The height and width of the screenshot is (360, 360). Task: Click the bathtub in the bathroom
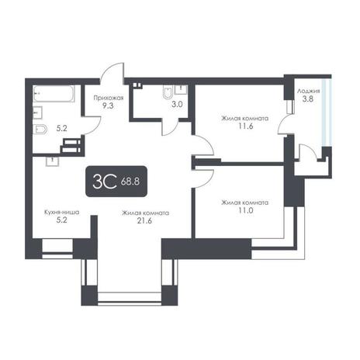[x=54, y=94]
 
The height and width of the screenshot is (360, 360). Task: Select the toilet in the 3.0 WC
[x=168, y=92]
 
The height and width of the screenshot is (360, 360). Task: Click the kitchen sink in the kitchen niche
[x=53, y=161]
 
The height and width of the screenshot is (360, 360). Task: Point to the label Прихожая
[x=109, y=98]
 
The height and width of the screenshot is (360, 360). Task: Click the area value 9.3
[x=108, y=106]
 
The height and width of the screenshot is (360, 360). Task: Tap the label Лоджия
[x=308, y=91]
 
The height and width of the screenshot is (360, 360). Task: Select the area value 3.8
[x=308, y=99]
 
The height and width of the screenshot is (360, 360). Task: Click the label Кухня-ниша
[x=61, y=213]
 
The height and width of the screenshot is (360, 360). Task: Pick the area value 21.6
[x=144, y=220]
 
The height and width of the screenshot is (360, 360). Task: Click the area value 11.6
[x=245, y=126]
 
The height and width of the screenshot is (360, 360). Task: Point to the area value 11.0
[x=245, y=210]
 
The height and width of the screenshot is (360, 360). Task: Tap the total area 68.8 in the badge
[x=130, y=182]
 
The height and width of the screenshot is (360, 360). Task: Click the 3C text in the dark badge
[x=104, y=182]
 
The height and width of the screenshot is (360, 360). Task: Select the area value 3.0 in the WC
[x=177, y=105]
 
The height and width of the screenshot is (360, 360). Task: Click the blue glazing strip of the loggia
[x=326, y=112]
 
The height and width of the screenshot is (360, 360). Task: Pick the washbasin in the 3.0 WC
[x=182, y=89]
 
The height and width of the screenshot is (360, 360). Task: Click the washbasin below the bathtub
[x=37, y=112]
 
